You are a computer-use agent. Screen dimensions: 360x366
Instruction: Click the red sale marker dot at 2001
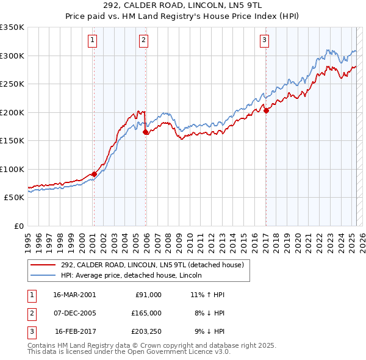(x=94, y=174)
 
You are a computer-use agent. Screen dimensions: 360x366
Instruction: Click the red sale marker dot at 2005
(x=145, y=132)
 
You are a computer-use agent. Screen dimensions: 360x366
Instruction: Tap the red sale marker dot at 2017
(x=266, y=110)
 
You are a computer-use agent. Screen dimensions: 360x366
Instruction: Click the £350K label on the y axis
(x=12, y=27)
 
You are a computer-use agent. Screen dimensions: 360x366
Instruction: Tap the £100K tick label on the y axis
(x=12, y=169)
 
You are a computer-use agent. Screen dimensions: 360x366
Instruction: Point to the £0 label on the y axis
(x=19, y=226)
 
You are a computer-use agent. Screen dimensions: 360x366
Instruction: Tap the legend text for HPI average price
(x=132, y=275)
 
